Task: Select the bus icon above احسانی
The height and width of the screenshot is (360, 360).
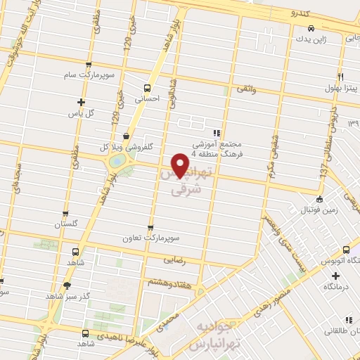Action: [x=147, y=88]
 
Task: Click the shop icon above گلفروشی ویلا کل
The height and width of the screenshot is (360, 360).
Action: [x=126, y=136]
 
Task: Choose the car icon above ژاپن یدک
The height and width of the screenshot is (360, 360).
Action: [x=310, y=29]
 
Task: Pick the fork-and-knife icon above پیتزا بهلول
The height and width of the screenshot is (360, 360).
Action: [x=341, y=76]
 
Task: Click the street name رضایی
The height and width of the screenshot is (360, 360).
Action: [x=173, y=259]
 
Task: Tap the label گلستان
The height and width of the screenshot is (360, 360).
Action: [x=66, y=225]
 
